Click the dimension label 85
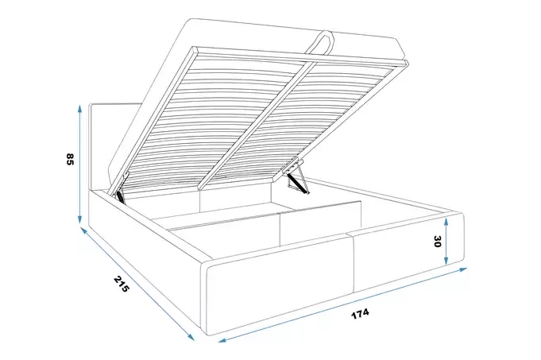70,159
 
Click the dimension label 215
121,284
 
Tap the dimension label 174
360,314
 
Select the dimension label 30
438,242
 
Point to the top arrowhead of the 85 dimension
79,109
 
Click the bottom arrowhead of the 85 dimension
80,219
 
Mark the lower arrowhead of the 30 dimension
446,261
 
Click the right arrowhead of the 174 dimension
462,269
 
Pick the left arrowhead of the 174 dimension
222,341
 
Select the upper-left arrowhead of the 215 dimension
83,230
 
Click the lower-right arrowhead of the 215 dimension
191,337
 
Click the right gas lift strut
298,183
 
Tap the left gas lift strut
120,196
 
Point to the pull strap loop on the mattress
320,42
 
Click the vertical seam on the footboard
354,263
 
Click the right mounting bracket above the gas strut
294,165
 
